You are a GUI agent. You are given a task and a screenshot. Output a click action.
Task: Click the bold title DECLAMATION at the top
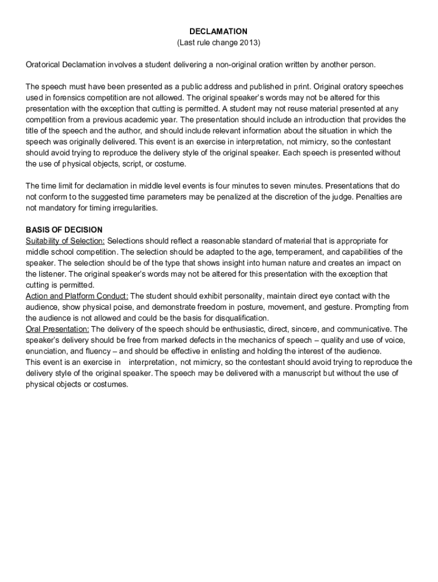click(x=218, y=31)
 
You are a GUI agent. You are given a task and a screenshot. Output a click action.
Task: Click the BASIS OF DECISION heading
click(x=64, y=230)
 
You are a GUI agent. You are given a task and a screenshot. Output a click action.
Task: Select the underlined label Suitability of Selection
click(x=65, y=241)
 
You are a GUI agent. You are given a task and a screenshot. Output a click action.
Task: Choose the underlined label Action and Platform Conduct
click(x=77, y=296)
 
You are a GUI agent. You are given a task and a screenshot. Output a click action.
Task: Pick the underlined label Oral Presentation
click(x=57, y=329)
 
